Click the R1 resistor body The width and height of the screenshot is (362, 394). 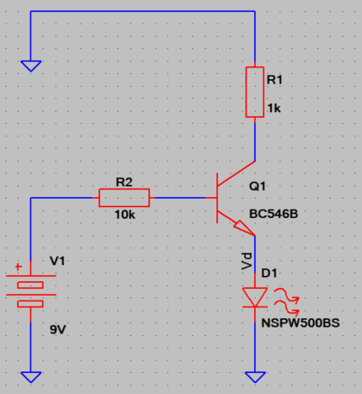tap(255, 92)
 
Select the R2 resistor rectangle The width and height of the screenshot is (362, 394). tap(124, 198)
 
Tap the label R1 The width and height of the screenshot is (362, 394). tap(274, 80)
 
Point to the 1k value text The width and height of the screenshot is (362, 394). tap(274, 108)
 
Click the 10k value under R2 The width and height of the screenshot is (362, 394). tap(125, 215)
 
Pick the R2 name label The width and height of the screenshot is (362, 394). tap(124, 183)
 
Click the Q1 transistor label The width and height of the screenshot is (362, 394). tap(258, 186)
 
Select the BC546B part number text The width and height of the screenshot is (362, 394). tap(274, 214)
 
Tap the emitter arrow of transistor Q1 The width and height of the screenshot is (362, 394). tap(244, 228)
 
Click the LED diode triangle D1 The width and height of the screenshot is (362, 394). tap(255, 297)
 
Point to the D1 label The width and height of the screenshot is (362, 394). tap(269, 273)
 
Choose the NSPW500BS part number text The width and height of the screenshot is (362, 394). tap(301, 323)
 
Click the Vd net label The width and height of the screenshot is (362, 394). tap(247, 261)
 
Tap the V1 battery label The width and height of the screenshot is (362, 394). tap(57, 261)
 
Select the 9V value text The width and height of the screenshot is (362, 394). tap(58, 329)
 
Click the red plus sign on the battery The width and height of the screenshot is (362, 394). tap(19, 266)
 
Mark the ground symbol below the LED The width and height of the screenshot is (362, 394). tap(255, 377)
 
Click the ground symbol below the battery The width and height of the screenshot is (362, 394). tap(31, 377)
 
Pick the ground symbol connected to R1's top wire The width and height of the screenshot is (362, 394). tap(31, 66)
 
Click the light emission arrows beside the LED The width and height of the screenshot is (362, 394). tap(286, 301)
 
